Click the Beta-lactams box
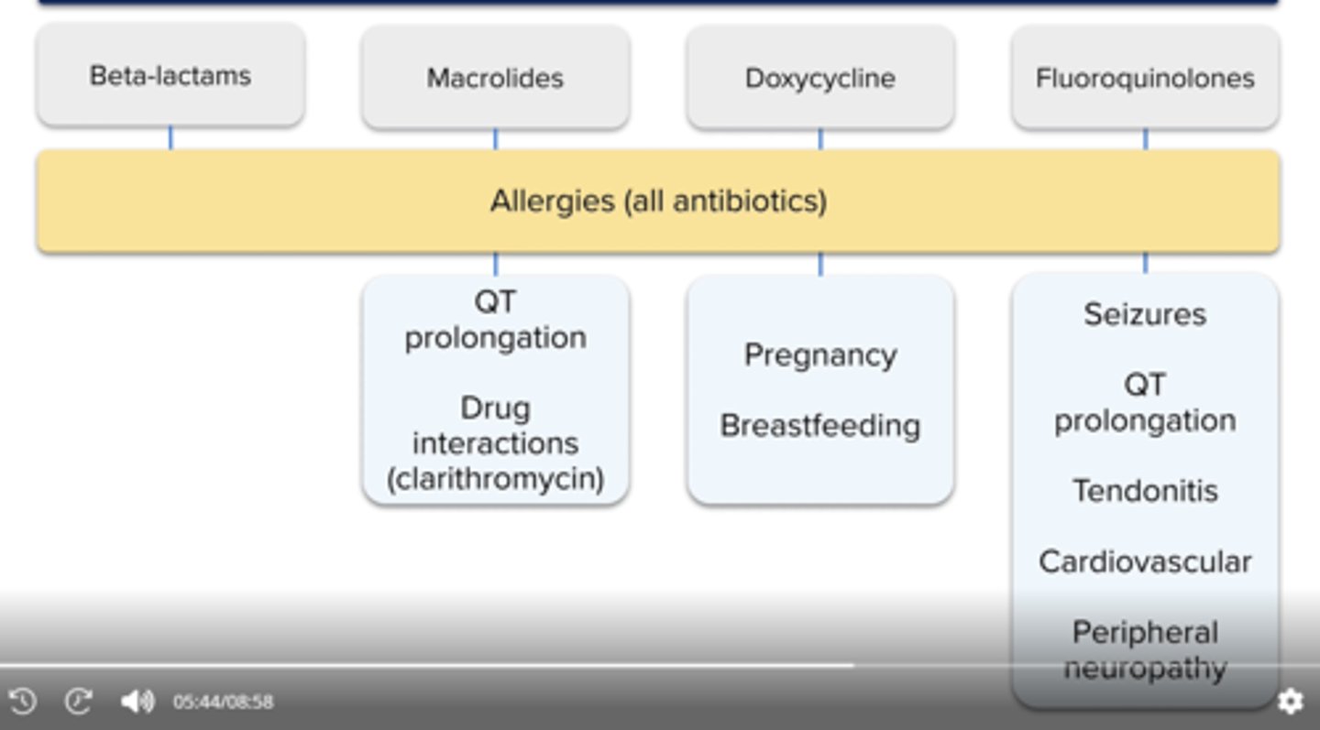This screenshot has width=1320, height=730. coord(170,75)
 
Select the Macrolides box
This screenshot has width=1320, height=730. coord(495,78)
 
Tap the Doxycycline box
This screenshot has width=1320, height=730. coord(819,78)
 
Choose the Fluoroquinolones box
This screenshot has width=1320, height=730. coord(1145,78)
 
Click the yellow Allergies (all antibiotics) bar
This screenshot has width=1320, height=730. coord(658,202)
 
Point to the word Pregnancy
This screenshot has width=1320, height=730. coord(819,355)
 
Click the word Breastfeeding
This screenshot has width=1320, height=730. coord(819,426)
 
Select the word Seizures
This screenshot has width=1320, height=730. coord(1145,314)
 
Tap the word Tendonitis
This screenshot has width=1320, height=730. coord(1145,491)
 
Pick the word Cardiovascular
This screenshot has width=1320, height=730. coord(1145,561)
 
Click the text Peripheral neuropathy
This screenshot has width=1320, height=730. coord(1145,649)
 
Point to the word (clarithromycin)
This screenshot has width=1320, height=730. coord(495,479)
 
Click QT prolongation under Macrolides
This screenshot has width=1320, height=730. coord(495,320)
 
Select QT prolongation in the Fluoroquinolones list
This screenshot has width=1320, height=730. coord(1145,403)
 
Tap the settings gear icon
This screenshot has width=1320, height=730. coord(1290,702)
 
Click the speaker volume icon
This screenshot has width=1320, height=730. coord(137,702)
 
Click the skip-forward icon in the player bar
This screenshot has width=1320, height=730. coord(79,702)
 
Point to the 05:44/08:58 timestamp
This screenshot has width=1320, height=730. coord(223,703)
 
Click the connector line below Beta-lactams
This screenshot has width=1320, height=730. coord(170,138)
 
